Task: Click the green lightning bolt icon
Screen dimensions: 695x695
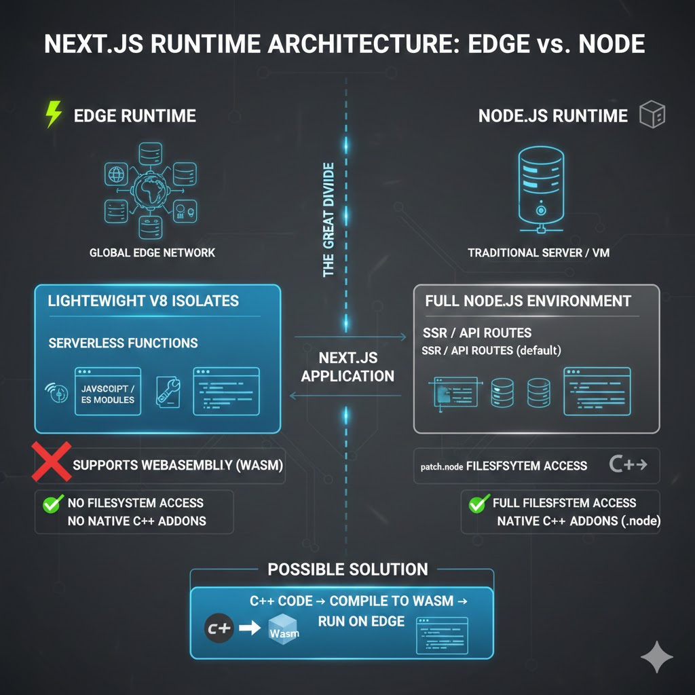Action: [53, 115]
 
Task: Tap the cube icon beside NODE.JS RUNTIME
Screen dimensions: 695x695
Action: [652, 115]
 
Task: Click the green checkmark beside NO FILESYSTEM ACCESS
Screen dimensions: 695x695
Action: [51, 504]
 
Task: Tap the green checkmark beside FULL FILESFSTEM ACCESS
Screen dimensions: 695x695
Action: [479, 503]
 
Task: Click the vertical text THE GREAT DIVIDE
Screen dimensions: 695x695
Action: [329, 219]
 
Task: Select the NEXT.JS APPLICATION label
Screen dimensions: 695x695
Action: [347, 367]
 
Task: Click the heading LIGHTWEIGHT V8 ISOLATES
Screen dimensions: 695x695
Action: [143, 301]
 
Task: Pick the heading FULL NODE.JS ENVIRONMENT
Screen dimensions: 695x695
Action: [528, 301]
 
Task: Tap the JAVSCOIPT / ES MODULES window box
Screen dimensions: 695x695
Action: [108, 392]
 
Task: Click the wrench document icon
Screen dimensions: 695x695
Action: [168, 393]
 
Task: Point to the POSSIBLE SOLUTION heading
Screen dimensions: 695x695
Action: [347, 569]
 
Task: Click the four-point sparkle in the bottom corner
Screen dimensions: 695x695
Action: [657, 656]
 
